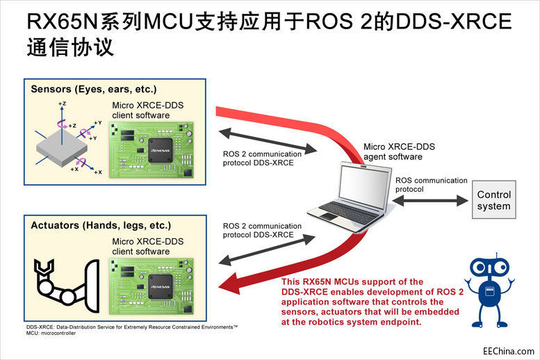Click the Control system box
coord(494,200)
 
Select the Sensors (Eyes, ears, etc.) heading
coord(94,90)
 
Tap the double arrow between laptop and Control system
coord(429,200)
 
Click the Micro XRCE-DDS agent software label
coord(400,152)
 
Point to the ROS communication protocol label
coord(431,185)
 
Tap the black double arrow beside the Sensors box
coord(268,138)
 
